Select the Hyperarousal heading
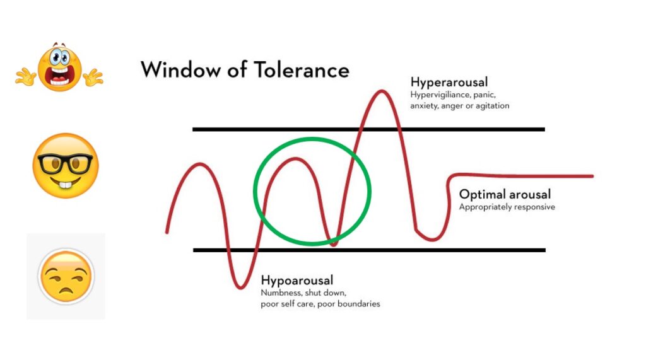tap(449, 82)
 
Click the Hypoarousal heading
tap(297, 281)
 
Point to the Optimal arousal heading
tap(505, 194)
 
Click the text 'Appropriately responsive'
tap(507, 207)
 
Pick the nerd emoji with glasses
tap(65, 166)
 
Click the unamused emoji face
tap(66, 276)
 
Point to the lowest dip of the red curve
tap(240, 288)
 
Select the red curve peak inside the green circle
tap(294, 159)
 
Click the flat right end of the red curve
tap(568, 176)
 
